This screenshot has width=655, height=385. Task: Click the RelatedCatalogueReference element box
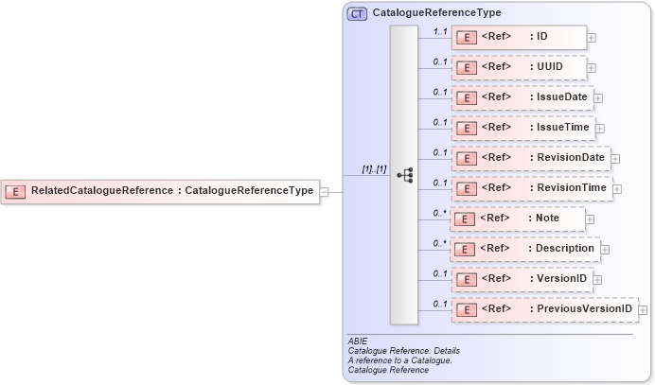tap(161, 191)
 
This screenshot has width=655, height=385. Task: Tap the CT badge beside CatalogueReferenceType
tap(358, 13)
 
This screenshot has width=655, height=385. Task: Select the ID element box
tap(518, 38)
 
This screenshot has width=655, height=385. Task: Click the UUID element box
tap(518, 68)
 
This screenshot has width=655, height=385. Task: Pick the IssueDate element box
tap(522, 98)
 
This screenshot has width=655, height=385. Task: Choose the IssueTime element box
tap(522, 128)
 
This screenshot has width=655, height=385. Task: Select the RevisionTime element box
tap(531, 188)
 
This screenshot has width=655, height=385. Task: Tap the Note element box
tap(517, 219)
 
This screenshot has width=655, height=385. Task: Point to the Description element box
tap(525, 249)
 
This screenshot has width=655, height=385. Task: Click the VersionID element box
tap(522, 279)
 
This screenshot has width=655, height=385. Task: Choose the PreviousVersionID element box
tap(544, 309)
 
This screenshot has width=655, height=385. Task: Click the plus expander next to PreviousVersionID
tap(644, 310)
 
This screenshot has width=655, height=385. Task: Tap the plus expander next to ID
tap(592, 39)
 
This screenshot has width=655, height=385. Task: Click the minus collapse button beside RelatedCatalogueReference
tap(325, 192)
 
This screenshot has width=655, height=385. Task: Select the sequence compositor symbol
tap(404, 175)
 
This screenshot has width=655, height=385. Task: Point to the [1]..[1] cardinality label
tap(374, 169)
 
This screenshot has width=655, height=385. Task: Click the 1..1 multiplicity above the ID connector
tap(439, 31)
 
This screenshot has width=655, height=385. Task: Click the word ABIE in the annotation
tap(358, 341)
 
